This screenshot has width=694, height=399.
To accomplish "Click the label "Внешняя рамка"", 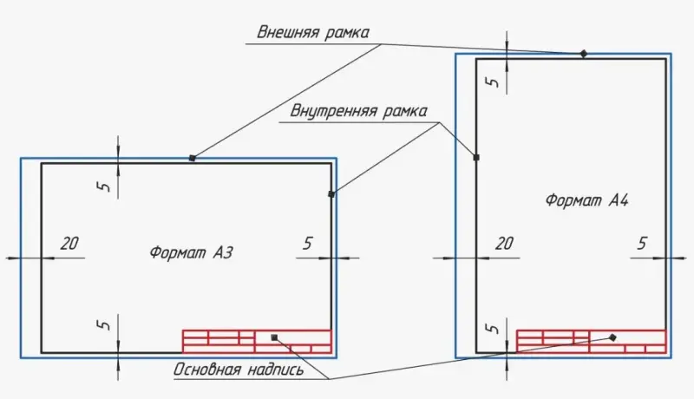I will pos(313,33).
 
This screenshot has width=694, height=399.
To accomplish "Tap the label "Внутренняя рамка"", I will pos(358,112).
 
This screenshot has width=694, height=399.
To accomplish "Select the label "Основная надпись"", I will pos(239,370).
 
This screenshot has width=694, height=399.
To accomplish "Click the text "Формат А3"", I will pos(192,253).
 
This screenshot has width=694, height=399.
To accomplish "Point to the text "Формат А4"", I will pos(586,200).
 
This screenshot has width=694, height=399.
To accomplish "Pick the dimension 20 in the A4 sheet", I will pos(503,244).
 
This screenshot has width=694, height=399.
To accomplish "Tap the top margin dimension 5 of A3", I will pos(104,184).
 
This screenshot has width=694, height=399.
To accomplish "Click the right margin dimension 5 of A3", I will pos(307,244).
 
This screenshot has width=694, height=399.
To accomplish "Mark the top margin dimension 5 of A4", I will pos(492,81).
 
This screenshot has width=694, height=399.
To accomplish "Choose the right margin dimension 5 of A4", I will pos(642,244).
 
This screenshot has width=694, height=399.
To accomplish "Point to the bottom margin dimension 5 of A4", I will pos(492,329).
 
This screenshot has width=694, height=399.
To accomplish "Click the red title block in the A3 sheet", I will pos(257,341).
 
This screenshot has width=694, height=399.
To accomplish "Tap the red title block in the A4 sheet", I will pos(592,341).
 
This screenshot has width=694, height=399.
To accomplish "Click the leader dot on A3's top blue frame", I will pos(192,158).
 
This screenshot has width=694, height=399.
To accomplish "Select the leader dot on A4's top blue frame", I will pos(584,54).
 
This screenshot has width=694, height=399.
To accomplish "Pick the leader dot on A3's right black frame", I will pos(331,194).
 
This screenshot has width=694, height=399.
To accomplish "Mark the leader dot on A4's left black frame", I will pos(476,157).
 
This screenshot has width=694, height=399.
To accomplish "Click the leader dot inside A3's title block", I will pos(274,337).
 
